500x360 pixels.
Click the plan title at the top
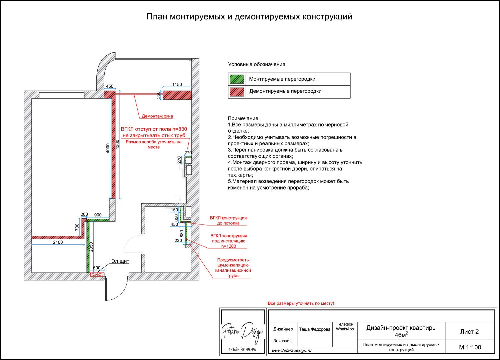(x=249, y=17)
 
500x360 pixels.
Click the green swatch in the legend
(x=237, y=79)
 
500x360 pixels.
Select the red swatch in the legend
(x=237, y=91)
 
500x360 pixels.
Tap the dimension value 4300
(x=117, y=149)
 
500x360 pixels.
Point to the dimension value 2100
(x=58, y=242)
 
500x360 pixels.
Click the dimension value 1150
(x=177, y=85)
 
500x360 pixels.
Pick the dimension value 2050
(x=91, y=246)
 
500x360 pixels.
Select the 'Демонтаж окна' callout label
(x=157, y=116)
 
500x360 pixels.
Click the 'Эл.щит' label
(x=120, y=261)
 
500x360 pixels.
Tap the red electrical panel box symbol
(x=97, y=275)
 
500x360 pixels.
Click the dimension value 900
(x=98, y=215)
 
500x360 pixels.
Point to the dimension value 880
(x=182, y=234)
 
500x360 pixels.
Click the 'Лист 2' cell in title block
(x=469, y=331)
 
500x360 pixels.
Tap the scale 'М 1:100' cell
(x=470, y=347)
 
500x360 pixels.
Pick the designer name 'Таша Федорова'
(x=314, y=329)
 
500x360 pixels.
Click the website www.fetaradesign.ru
(x=292, y=350)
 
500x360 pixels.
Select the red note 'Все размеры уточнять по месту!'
(x=301, y=303)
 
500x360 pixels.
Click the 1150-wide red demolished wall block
(x=177, y=95)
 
